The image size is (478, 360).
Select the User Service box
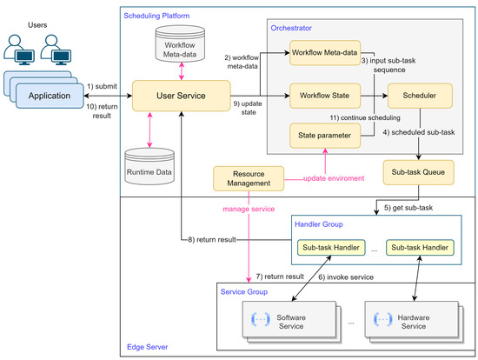tap(180, 94)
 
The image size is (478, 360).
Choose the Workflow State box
tap(324, 94)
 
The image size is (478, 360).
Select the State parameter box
tap(324, 135)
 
